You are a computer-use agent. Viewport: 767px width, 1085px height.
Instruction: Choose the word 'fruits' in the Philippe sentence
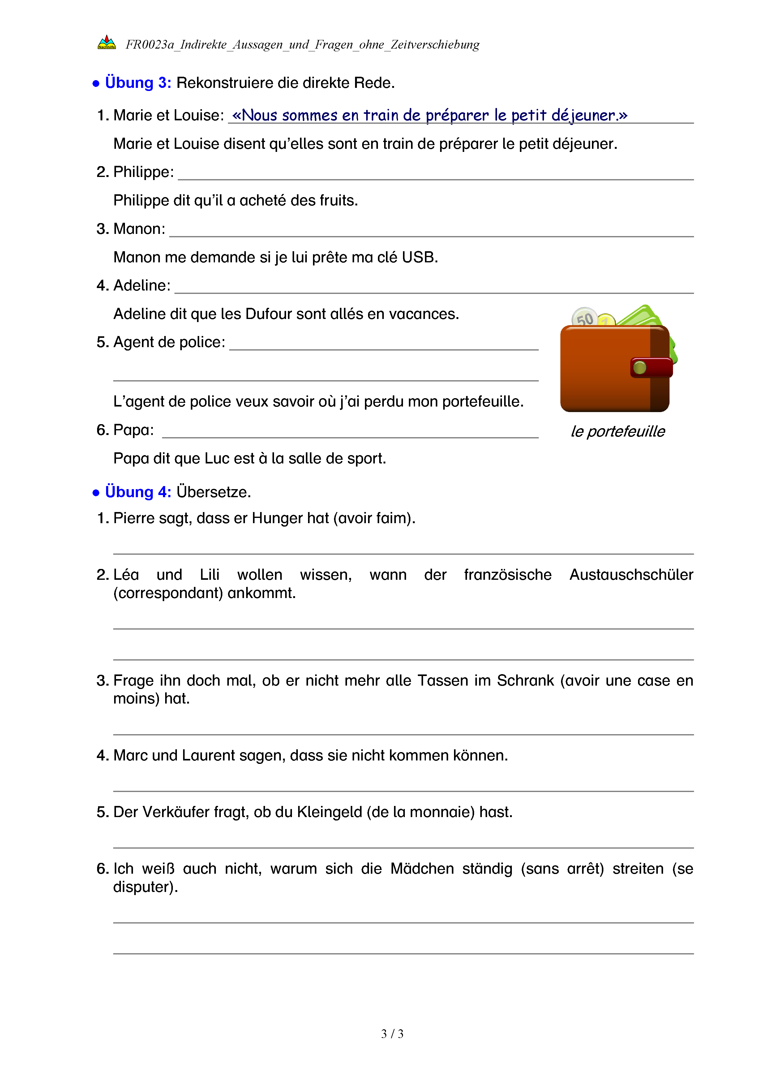click(338, 200)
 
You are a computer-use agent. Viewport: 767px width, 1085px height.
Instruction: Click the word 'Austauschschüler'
click(631, 575)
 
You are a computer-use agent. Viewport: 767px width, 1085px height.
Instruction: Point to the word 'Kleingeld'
click(329, 812)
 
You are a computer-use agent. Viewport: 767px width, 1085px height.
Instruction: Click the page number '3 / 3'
click(392, 1034)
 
